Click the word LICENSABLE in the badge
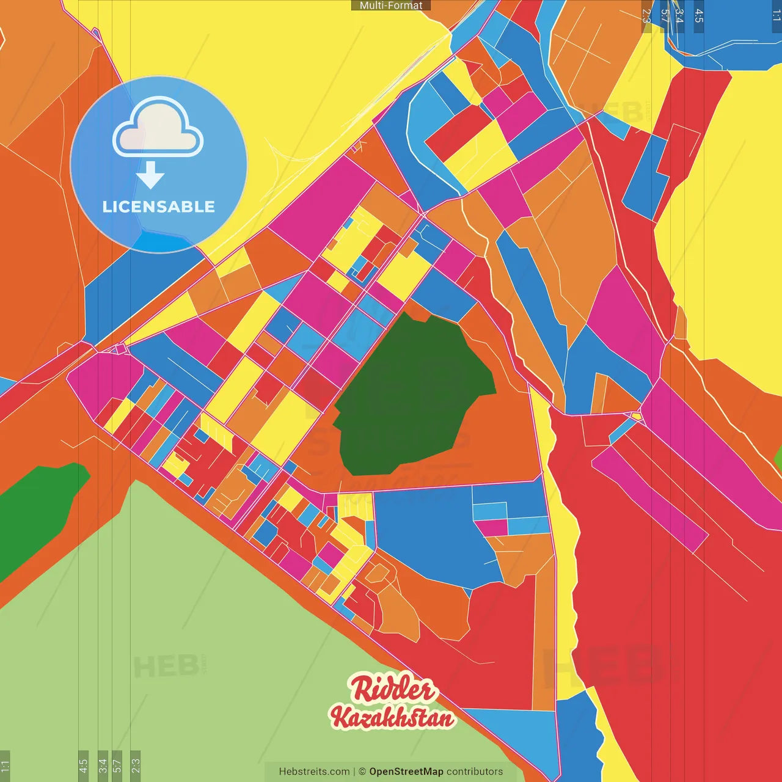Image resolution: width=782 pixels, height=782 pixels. pos(158,206)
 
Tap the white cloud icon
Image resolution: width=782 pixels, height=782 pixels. pos(158,127)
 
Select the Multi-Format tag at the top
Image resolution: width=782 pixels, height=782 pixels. pos(391,5)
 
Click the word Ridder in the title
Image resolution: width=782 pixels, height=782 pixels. pos(393,690)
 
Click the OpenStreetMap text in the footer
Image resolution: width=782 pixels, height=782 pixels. pos(406,772)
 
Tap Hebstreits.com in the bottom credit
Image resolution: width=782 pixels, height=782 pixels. pos(314,772)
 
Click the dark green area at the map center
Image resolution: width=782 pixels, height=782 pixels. pos(409,397)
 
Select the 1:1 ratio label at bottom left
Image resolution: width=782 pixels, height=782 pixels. pos(5,766)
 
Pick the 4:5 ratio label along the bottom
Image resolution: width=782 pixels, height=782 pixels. pos(83,766)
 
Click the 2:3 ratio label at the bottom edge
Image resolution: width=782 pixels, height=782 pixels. pos(135,766)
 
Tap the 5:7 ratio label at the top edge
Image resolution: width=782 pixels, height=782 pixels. pos(665,16)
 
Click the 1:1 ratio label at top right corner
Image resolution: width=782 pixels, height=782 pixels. pos(776,16)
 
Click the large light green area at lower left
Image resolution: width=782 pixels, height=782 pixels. pos(183,641)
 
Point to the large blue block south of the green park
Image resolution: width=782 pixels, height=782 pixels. pos(428,532)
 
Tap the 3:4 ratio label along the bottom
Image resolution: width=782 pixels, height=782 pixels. pos(103,766)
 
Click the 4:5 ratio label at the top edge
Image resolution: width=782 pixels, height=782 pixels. pos(699,16)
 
